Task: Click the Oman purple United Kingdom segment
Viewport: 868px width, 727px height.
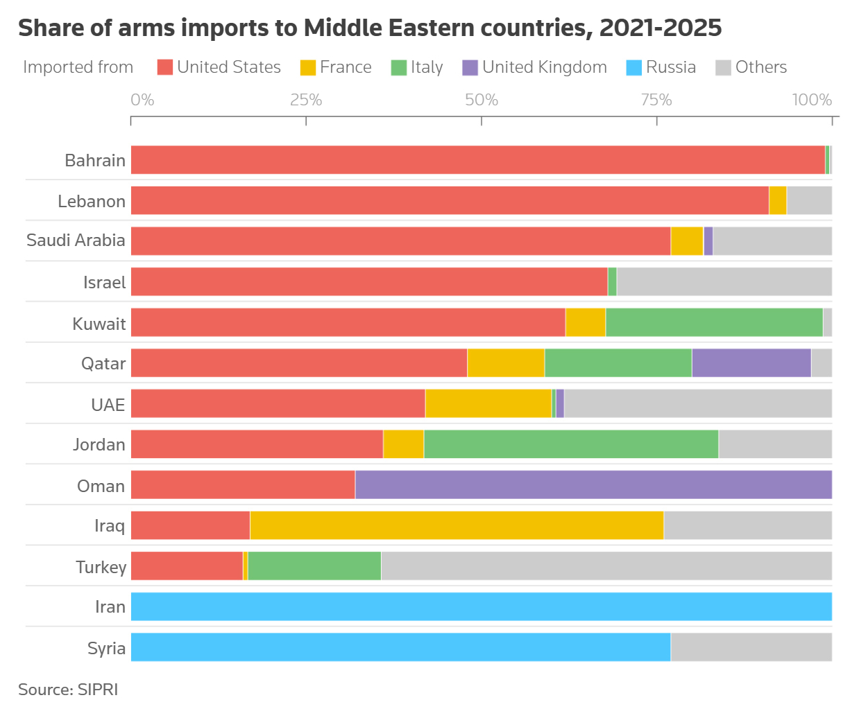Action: (593, 484)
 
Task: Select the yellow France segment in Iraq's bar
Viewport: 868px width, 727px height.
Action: (457, 525)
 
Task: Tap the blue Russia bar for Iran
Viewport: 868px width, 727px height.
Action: (481, 606)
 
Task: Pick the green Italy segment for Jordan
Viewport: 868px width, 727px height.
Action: (571, 444)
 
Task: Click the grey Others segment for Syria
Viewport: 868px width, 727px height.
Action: (751, 647)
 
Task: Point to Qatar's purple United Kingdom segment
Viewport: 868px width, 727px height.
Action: (751, 363)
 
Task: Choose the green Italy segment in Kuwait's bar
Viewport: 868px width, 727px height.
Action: (714, 322)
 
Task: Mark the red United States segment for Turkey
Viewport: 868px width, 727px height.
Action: (187, 566)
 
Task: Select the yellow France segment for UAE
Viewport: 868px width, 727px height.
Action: (488, 403)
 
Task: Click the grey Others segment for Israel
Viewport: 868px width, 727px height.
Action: (724, 282)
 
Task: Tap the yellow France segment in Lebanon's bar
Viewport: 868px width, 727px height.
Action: (778, 200)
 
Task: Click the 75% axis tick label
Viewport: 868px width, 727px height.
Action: (656, 100)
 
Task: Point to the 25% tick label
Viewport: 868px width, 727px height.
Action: (306, 100)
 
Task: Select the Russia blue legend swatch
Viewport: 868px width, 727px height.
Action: (634, 67)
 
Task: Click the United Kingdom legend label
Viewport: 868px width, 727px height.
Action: (545, 67)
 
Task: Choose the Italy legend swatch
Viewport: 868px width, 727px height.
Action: (399, 67)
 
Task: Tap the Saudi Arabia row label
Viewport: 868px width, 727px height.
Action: (76, 240)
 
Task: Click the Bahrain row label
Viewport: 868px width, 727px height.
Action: (95, 160)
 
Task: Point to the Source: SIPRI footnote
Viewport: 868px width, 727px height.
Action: (68, 690)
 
